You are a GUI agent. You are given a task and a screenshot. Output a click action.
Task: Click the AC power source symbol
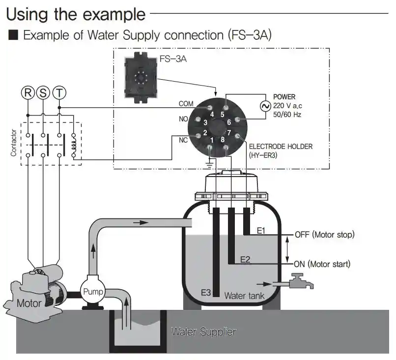click(x=266, y=106)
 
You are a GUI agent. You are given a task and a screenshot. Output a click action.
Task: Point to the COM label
click(x=186, y=104)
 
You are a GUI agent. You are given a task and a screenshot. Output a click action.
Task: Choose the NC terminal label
click(x=183, y=140)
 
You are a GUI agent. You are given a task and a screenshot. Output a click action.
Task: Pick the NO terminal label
click(x=183, y=119)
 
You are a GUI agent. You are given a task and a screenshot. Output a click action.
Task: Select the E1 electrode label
click(x=261, y=230)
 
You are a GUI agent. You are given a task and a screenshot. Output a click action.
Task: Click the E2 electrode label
click(x=245, y=259)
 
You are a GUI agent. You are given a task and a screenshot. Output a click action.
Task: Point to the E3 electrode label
click(x=206, y=293)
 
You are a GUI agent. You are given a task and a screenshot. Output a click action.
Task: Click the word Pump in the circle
click(x=93, y=292)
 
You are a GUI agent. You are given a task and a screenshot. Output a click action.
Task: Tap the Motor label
click(x=29, y=303)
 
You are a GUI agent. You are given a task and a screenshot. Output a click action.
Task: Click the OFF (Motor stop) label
click(x=324, y=234)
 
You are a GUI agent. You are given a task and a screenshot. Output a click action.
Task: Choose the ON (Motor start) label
click(x=322, y=264)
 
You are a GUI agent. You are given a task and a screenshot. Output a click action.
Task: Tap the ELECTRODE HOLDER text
click(x=281, y=146)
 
